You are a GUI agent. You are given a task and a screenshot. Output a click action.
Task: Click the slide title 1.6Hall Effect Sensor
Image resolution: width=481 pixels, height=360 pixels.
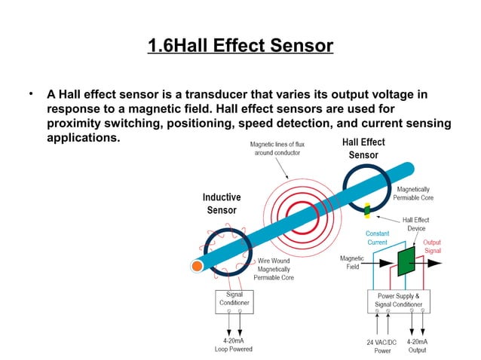click(x=240, y=46)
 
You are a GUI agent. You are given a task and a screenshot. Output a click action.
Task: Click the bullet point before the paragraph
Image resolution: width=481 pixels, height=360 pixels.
click(x=32, y=95)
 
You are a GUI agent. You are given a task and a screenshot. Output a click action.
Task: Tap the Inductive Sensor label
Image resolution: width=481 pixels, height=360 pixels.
click(x=222, y=204)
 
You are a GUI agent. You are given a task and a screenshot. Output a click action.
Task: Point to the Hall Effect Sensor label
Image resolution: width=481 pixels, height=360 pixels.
click(x=363, y=148)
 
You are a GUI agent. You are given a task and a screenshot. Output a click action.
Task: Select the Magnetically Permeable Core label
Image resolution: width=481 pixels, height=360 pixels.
click(x=413, y=194)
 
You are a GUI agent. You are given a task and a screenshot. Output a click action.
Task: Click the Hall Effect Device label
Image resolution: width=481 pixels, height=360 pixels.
click(x=414, y=224)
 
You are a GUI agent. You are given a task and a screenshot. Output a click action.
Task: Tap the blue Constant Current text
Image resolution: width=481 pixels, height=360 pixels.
click(x=377, y=238)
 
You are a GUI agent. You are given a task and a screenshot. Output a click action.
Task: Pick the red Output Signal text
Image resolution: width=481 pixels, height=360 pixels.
click(x=433, y=246)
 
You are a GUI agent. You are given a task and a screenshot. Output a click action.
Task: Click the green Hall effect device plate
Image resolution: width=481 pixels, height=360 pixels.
click(x=407, y=260)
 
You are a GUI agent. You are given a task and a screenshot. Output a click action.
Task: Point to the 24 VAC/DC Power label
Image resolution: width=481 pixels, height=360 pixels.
click(x=381, y=346)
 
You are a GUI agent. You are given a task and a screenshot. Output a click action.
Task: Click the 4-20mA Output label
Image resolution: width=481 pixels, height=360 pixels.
click(x=417, y=346)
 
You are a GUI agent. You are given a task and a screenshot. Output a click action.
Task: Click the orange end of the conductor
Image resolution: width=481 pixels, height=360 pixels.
click(x=198, y=266)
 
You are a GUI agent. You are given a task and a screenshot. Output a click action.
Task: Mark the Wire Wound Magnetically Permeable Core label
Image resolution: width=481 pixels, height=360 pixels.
click(x=274, y=269)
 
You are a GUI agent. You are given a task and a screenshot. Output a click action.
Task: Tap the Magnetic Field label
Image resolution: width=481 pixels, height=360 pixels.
click(x=351, y=263)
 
